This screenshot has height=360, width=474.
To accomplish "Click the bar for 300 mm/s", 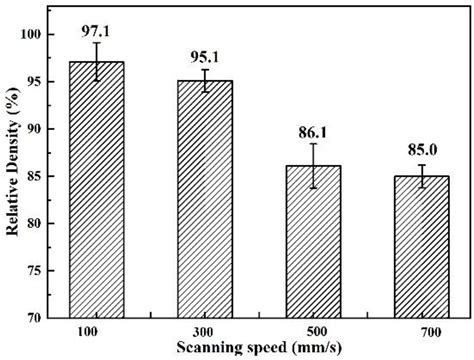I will [x=205, y=199].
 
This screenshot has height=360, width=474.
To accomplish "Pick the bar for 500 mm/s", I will [x=313, y=241].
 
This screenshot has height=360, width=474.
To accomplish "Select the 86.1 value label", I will [x=313, y=131].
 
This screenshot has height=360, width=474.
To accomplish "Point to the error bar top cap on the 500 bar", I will [x=313, y=144].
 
